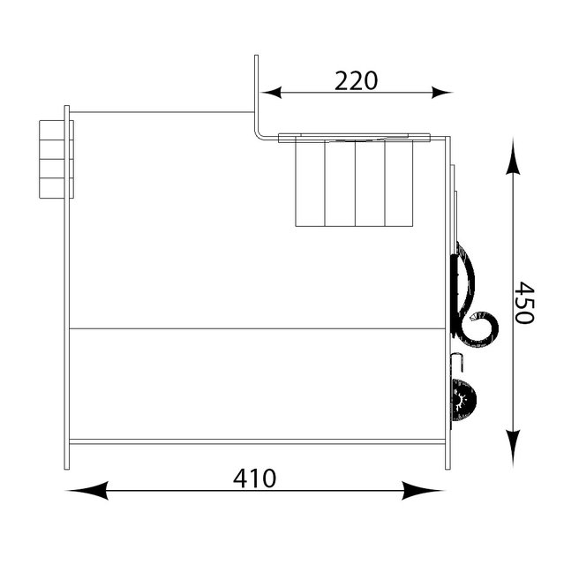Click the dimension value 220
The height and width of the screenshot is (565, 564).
[x=357, y=80]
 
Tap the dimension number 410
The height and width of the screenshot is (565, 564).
[x=254, y=478]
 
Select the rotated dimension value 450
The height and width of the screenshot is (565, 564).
[x=523, y=303]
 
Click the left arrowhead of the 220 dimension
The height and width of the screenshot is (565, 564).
[x=271, y=92]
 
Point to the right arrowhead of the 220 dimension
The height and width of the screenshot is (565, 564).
[x=441, y=92]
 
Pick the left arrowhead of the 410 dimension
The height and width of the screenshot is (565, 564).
[x=86, y=490]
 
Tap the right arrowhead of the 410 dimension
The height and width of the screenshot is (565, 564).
[x=423, y=490]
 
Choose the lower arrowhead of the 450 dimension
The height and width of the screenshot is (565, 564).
[x=513, y=448]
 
